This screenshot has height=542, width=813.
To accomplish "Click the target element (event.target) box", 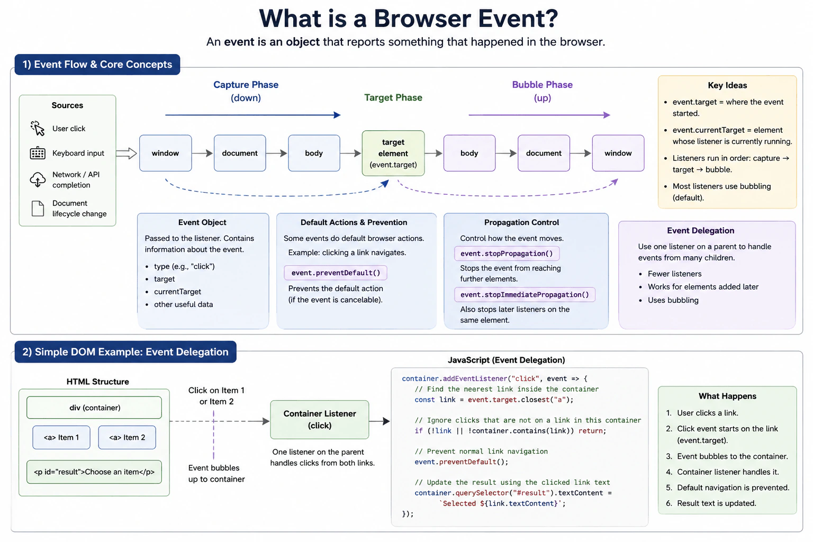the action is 393,153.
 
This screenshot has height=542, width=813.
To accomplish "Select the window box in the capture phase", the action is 166,153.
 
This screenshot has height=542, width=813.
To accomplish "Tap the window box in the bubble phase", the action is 618,153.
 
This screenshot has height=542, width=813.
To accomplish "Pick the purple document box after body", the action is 544,153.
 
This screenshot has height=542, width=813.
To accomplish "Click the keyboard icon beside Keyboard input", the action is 38,153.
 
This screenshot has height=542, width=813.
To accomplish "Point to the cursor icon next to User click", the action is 38,129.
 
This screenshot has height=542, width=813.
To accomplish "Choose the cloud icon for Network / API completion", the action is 38,180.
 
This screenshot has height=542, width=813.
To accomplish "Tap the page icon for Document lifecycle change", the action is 38,209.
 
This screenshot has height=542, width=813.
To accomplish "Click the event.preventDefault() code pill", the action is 336,273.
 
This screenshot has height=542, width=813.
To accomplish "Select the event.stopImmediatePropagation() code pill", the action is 525,294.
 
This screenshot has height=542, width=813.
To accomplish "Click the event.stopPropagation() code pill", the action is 507,254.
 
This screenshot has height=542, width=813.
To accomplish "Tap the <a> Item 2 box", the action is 127,437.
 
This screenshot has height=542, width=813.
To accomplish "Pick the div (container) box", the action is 94,408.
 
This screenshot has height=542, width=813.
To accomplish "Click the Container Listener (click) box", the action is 319,420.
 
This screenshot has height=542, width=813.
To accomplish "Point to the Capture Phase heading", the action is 246,85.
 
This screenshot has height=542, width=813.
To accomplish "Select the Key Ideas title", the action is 727,85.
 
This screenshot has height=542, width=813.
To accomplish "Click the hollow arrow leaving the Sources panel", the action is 127,153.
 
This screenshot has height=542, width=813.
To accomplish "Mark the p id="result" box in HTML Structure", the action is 94,472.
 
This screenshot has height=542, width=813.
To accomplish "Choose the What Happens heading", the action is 727,396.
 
